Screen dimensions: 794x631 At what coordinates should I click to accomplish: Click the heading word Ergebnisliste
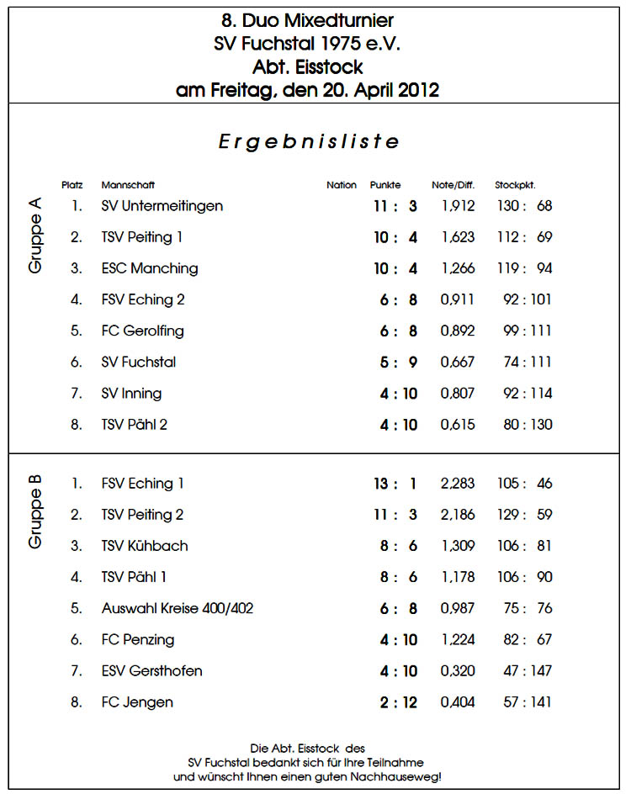point(309,141)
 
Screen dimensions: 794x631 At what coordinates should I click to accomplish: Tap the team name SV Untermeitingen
point(162,206)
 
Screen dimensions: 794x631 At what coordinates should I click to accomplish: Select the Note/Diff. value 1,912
point(458,206)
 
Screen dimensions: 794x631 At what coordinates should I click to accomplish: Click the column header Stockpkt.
point(515,185)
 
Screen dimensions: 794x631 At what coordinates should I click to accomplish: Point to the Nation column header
point(341,185)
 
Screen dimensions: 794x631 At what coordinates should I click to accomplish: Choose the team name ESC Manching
point(150,268)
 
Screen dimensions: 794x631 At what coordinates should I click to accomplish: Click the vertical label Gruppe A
point(35,235)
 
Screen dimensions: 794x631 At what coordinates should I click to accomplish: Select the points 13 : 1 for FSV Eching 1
point(395,484)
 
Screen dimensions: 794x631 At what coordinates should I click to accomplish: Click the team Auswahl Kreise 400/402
point(177,608)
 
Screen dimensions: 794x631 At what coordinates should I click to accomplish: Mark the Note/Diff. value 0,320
point(458,670)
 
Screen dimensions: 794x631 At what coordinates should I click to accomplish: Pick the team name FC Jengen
point(137,701)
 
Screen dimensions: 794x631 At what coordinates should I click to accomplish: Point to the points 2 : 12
point(398,701)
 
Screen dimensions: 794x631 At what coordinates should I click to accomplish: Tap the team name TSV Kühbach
point(144,546)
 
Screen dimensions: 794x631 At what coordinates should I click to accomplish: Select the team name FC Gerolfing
point(142,331)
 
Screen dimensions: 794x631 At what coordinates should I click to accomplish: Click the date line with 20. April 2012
point(307,90)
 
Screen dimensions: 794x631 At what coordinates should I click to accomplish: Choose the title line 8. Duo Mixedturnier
point(307,20)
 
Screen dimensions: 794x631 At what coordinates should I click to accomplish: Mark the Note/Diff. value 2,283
point(458,484)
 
